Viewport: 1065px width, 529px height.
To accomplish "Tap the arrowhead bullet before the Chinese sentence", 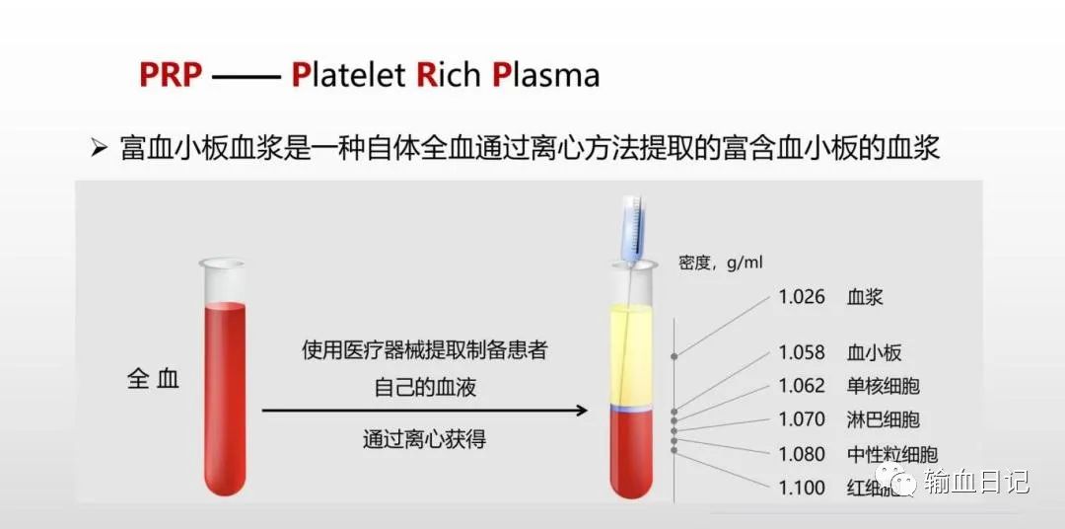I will [99, 149].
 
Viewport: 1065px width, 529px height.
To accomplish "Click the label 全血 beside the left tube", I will [154, 379].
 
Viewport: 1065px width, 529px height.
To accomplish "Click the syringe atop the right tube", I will [631, 229].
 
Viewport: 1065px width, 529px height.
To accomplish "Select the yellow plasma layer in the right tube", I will [631, 355].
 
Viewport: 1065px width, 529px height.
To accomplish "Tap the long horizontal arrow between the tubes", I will [424, 410].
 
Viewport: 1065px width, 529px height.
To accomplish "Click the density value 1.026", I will [802, 297].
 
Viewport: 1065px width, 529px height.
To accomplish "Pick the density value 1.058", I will [802, 352].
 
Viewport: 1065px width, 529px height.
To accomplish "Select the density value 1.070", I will [802, 419].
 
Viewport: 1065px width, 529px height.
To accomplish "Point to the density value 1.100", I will [802, 488].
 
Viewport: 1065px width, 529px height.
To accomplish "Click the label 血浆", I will [865, 297].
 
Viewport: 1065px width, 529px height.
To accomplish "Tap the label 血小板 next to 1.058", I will [874, 352].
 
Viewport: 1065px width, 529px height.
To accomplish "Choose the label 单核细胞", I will [883, 386].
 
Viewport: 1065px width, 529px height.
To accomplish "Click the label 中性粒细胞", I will [891, 455].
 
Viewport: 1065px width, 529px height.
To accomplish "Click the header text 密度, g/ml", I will [721, 263].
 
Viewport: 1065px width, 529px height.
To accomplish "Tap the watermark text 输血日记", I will [976, 482].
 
